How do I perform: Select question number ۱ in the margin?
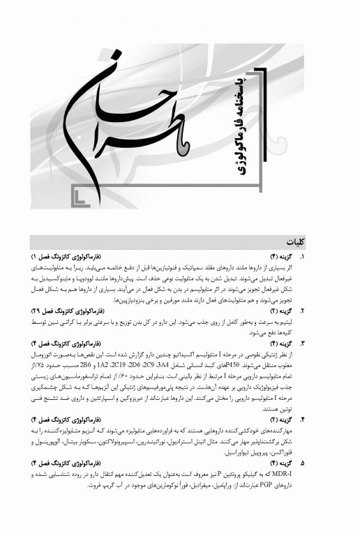[341, 258]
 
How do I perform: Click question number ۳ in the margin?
[341, 344]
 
